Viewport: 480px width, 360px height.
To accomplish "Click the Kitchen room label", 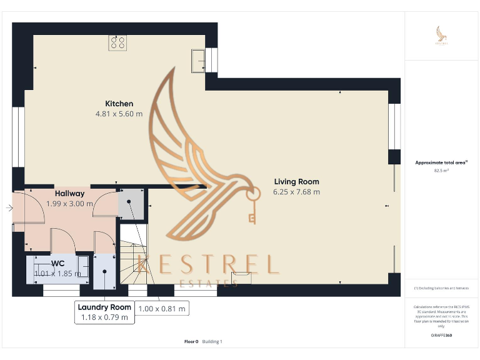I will coord(119,104).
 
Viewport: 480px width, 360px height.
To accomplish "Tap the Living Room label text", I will coord(296,182).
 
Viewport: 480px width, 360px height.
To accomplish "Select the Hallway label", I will coord(69,194).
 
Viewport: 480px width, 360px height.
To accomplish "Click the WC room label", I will coord(57,263).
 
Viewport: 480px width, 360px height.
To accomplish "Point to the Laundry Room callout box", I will coord(104,312).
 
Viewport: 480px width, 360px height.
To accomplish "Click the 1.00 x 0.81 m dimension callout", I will coord(162,309).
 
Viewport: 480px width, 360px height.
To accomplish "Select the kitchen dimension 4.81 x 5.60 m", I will coord(119,114).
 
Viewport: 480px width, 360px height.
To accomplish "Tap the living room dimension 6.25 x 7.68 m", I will coord(296,192).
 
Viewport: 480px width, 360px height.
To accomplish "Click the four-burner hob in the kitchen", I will coord(117,42).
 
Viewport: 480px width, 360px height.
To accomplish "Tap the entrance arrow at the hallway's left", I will coord(9,208).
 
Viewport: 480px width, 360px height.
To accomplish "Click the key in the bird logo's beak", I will coord(252,206).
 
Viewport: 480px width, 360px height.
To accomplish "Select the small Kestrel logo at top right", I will coord(442,36).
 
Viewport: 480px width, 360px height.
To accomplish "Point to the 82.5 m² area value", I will coord(441,170).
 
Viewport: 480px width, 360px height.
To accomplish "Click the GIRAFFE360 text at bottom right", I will coord(441,336).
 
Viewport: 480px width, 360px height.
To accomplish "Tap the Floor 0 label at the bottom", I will coord(191,341).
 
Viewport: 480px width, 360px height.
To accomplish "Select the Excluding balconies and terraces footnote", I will coord(441,288).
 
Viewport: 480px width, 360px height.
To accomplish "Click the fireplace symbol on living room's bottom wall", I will coord(241,277).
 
